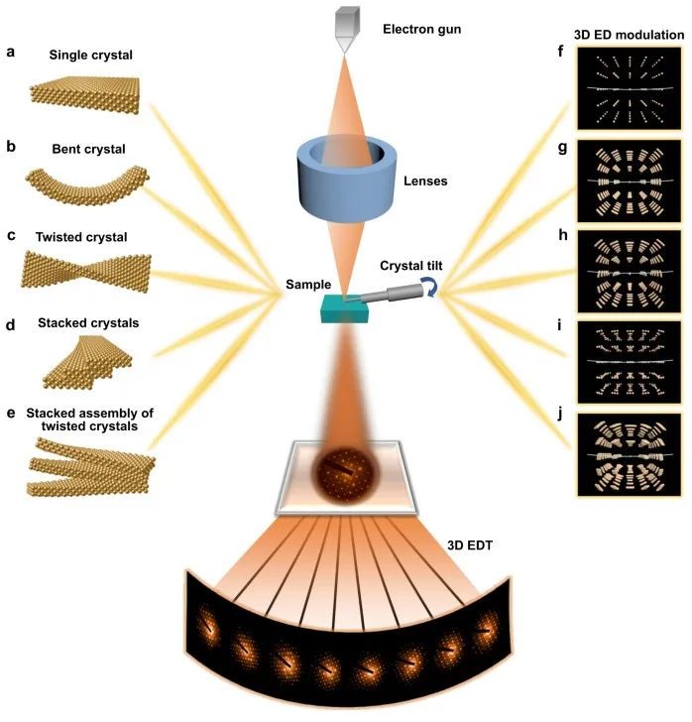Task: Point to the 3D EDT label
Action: [484, 546]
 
